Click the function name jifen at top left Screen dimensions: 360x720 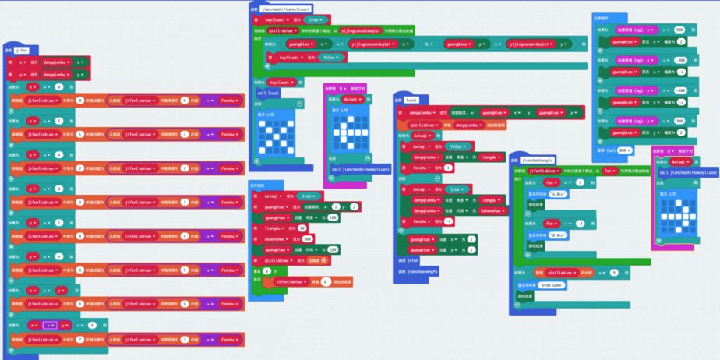[22, 49]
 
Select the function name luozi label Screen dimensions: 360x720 [412, 101]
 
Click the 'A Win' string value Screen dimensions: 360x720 [557, 192]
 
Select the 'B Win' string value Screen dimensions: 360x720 [557, 235]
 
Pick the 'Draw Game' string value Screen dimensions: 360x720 [551, 285]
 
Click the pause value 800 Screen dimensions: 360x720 [624, 150]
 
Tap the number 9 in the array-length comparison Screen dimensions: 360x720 [614, 272]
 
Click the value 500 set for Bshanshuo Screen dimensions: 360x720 [307, 238]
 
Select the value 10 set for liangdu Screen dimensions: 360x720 [302, 228]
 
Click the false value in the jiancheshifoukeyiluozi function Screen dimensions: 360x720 [330, 57]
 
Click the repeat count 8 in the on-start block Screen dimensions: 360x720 [266, 270]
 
